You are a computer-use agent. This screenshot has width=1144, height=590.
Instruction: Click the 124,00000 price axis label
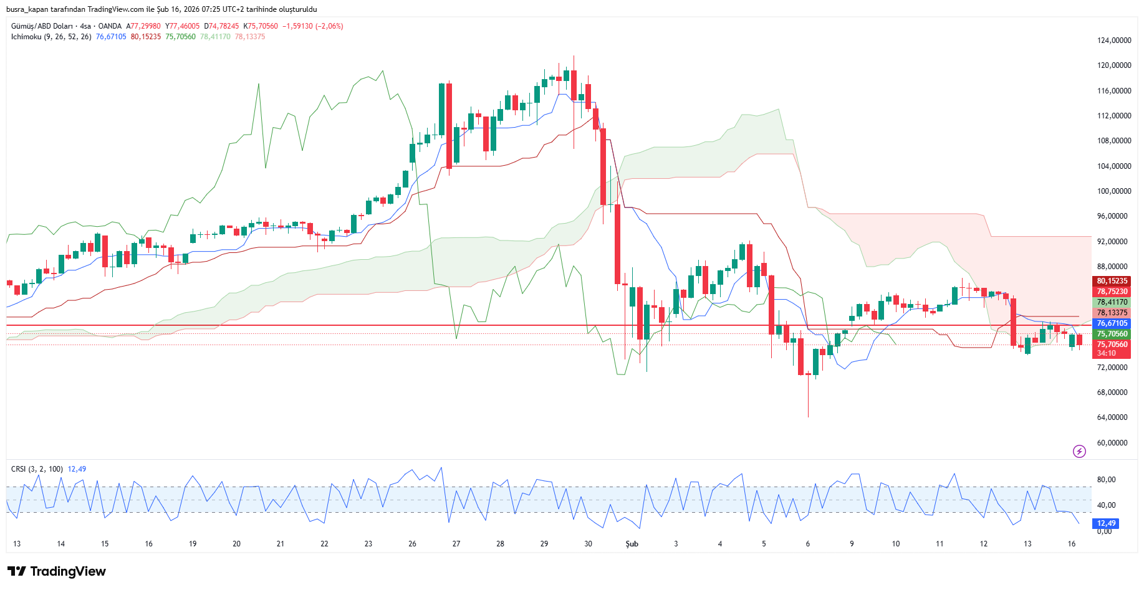click(1113, 40)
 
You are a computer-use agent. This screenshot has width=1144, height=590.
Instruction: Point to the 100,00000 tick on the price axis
click(1113, 191)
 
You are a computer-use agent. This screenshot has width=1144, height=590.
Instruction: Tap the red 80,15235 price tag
click(1112, 281)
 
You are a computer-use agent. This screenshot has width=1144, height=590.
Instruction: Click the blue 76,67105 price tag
click(1112, 323)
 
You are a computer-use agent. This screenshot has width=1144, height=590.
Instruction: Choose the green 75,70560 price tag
click(1112, 334)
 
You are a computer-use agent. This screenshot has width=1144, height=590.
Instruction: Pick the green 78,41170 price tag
click(1112, 302)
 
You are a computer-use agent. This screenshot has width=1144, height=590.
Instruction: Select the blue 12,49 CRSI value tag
click(1107, 523)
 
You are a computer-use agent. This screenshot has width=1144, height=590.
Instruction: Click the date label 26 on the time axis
click(412, 544)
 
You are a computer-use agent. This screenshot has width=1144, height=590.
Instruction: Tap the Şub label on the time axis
click(632, 544)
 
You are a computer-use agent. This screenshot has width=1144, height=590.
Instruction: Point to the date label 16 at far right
click(1071, 544)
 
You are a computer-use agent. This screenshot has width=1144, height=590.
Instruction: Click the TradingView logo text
click(68, 571)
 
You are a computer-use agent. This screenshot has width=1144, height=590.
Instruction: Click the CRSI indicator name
click(19, 469)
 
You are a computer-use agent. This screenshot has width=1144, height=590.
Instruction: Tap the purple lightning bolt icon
click(1079, 451)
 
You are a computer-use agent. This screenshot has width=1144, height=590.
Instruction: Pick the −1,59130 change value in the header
click(297, 26)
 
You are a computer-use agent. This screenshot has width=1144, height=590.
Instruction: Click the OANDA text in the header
click(110, 26)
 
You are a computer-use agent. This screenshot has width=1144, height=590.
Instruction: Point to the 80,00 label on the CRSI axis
click(1106, 480)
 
